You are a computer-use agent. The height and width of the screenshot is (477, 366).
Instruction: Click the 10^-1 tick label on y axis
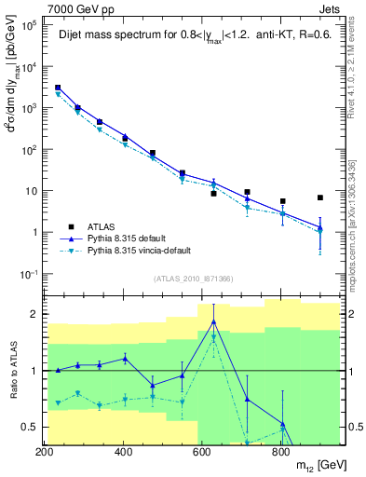click(x=28, y=274)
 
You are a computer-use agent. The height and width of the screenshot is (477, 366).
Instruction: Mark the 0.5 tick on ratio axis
click(x=29, y=427)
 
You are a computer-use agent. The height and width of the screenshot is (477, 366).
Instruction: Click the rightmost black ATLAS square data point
click(x=320, y=198)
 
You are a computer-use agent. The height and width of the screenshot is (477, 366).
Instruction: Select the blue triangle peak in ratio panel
click(x=214, y=321)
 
